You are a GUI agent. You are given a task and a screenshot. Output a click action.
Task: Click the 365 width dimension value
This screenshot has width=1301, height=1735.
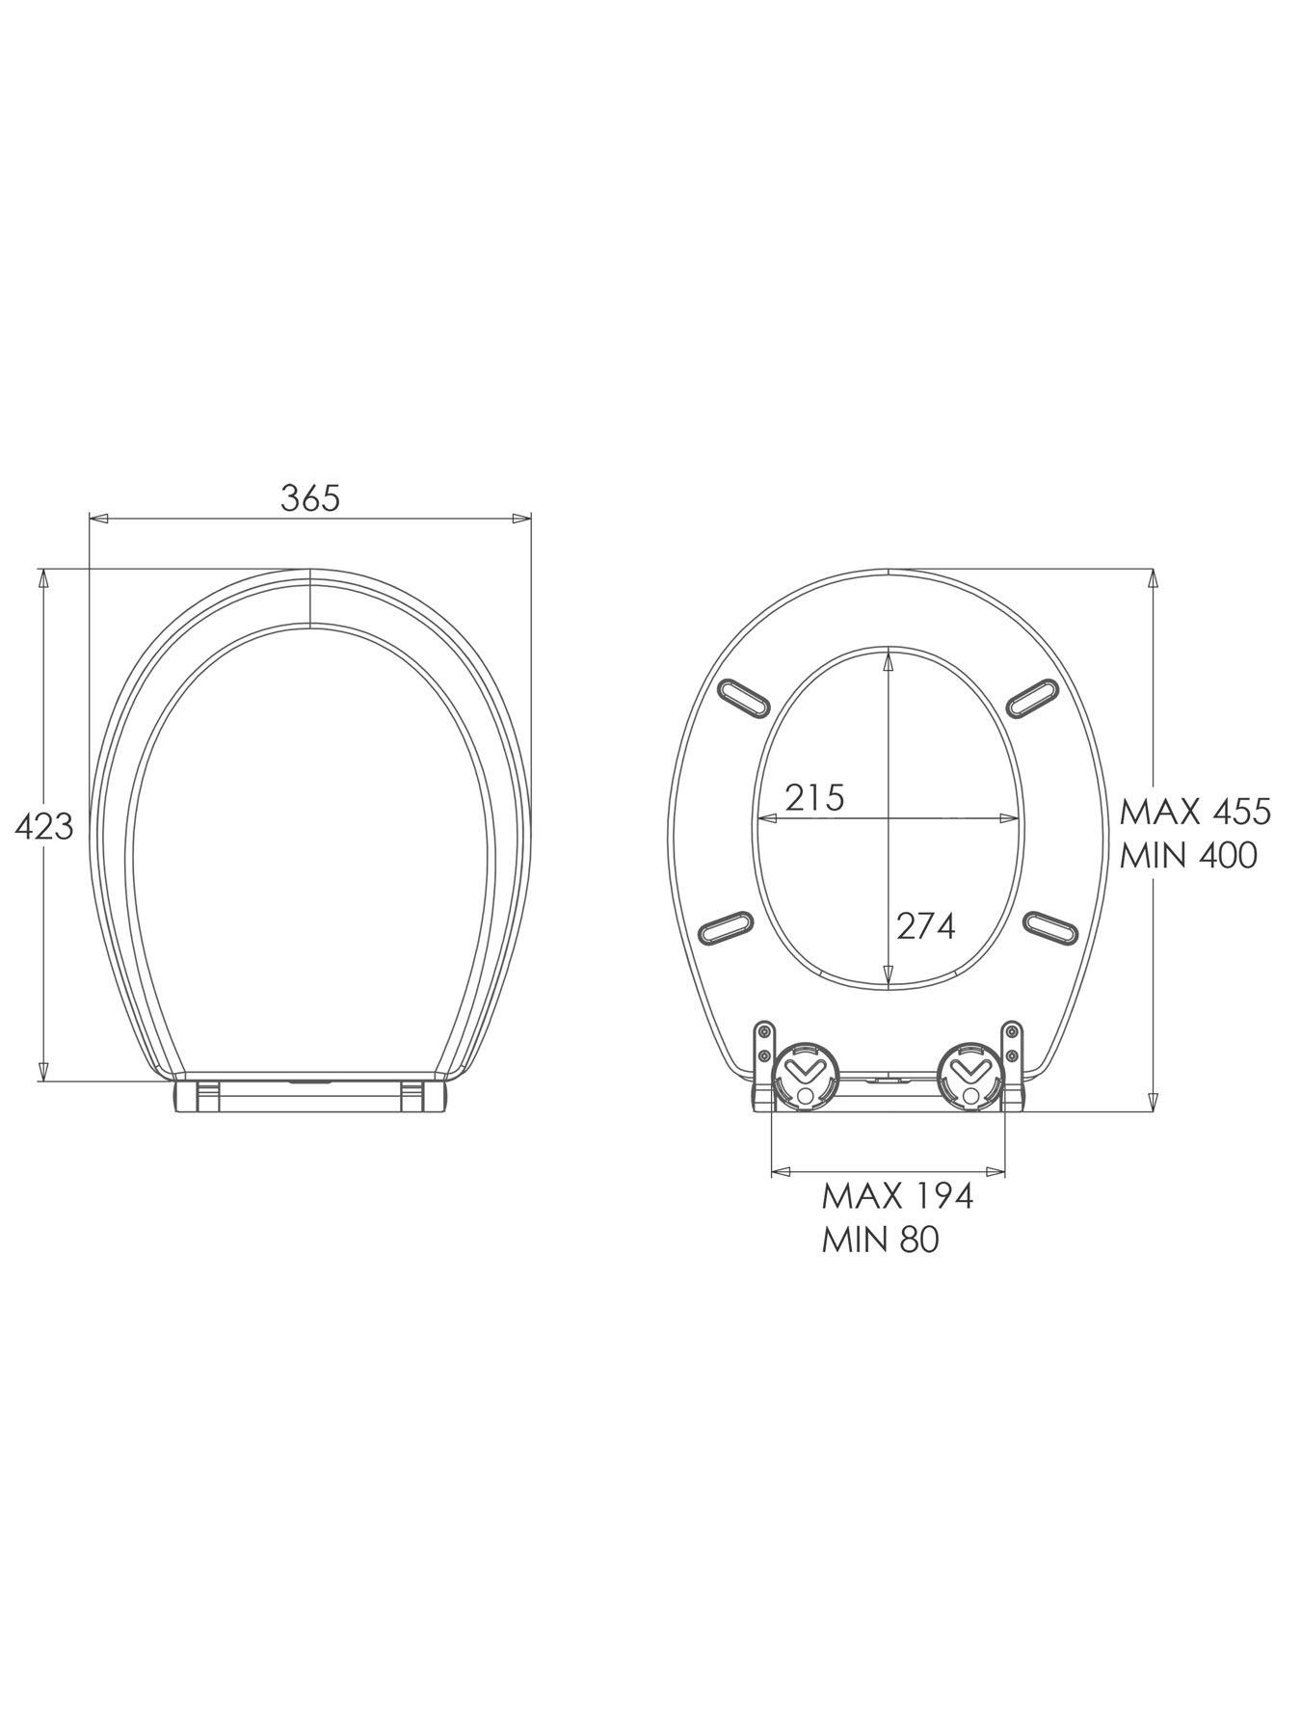(310, 497)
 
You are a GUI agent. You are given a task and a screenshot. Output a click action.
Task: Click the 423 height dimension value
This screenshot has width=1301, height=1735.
(44, 826)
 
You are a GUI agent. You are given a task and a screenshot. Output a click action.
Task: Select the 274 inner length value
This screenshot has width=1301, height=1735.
(925, 925)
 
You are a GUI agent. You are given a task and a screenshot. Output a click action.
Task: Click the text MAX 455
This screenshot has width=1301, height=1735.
(1195, 812)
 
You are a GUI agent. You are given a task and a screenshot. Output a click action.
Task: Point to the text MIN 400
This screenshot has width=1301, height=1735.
(1188, 855)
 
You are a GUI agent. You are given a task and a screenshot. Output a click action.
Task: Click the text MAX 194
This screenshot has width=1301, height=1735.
(897, 1196)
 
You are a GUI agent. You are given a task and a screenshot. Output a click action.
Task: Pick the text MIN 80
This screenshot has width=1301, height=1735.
(880, 1240)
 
